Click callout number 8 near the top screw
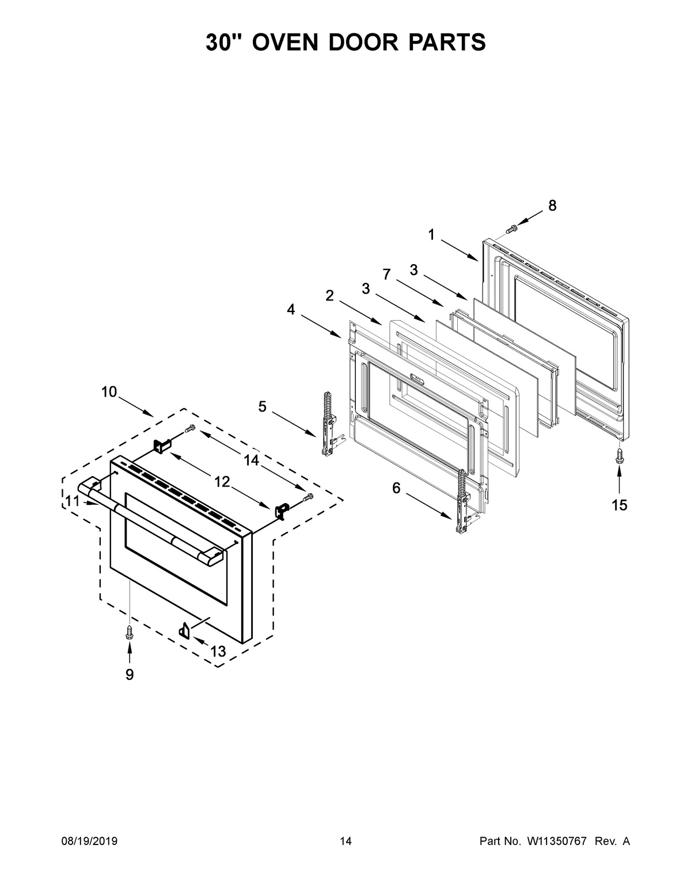[552, 206]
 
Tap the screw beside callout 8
[510, 229]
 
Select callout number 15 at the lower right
[619, 505]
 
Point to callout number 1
[431, 235]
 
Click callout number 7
[386, 275]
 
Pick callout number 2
[329, 296]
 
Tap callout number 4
[291, 310]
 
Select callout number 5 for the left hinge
[262, 407]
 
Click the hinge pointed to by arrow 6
[462, 501]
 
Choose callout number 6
[396, 488]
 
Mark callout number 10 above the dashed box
[109, 392]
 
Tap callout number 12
[222, 482]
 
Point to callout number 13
[218, 651]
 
